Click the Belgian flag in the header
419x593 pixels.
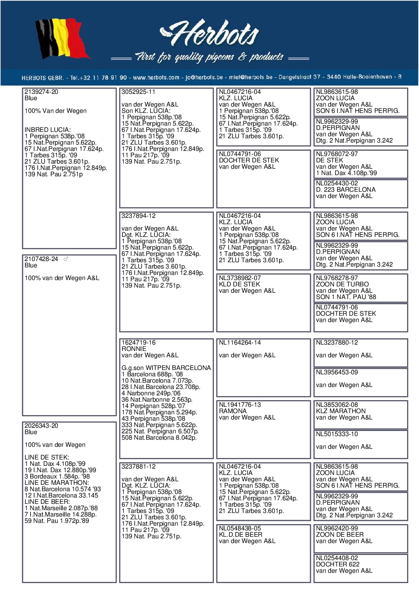click(x=62, y=39)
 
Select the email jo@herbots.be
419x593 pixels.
click(x=204, y=78)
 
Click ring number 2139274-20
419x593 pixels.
click(x=41, y=92)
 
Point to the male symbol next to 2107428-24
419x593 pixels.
click(x=66, y=259)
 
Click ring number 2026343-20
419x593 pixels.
click(x=41, y=426)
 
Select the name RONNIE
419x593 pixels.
click(x=134, y=349)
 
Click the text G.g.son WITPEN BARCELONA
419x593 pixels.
click(x=166, y=368)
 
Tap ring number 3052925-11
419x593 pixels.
click(x=138, y=92)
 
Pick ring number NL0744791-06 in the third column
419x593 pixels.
click(x=240, y=154)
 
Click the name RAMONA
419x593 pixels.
click(x=232, y=411)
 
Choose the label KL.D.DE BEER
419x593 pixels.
click(x=240, y=535)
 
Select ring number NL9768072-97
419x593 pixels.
click(x=337, y=154)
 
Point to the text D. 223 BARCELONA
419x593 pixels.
click(x=345, y=190)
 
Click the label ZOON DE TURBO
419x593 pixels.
click(x=342, y=284)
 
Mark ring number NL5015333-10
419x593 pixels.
click(x=337, y=434)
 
